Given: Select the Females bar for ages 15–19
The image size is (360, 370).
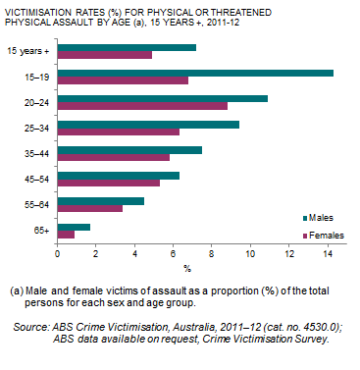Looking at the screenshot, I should click(123, 80).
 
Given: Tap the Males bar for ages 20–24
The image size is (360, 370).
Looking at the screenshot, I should click(163, 98).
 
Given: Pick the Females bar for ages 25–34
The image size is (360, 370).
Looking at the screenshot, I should click(119, 132).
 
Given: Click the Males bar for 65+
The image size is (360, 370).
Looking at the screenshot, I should click(74, 226).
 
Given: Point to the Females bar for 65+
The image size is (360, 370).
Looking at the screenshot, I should click(66, 235).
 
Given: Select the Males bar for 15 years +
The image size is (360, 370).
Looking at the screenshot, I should click(127, 47).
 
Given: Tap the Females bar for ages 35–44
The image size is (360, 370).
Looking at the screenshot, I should click(114, 157).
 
